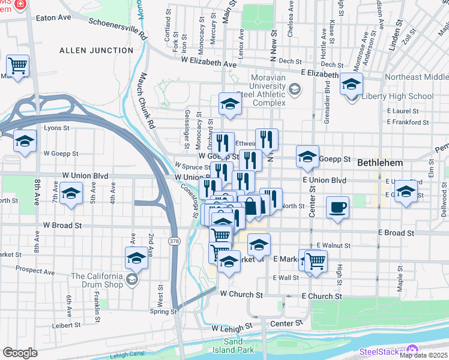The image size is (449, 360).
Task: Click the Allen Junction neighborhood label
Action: [x=96, y=50]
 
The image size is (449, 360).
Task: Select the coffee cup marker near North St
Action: [x=337, y=208]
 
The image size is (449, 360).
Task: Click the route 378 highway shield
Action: [x=173, y=240]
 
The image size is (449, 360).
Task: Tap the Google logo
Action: [x=20, y=353]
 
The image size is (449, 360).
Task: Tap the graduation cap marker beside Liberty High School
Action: [x=351, y=84]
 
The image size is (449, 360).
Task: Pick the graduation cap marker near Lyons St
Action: [x=25, y=141]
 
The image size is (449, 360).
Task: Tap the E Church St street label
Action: [x=321, y=296]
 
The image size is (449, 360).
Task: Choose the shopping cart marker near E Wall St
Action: [x=315, y=260]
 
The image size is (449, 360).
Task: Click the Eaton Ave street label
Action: [x=53, y=18]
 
